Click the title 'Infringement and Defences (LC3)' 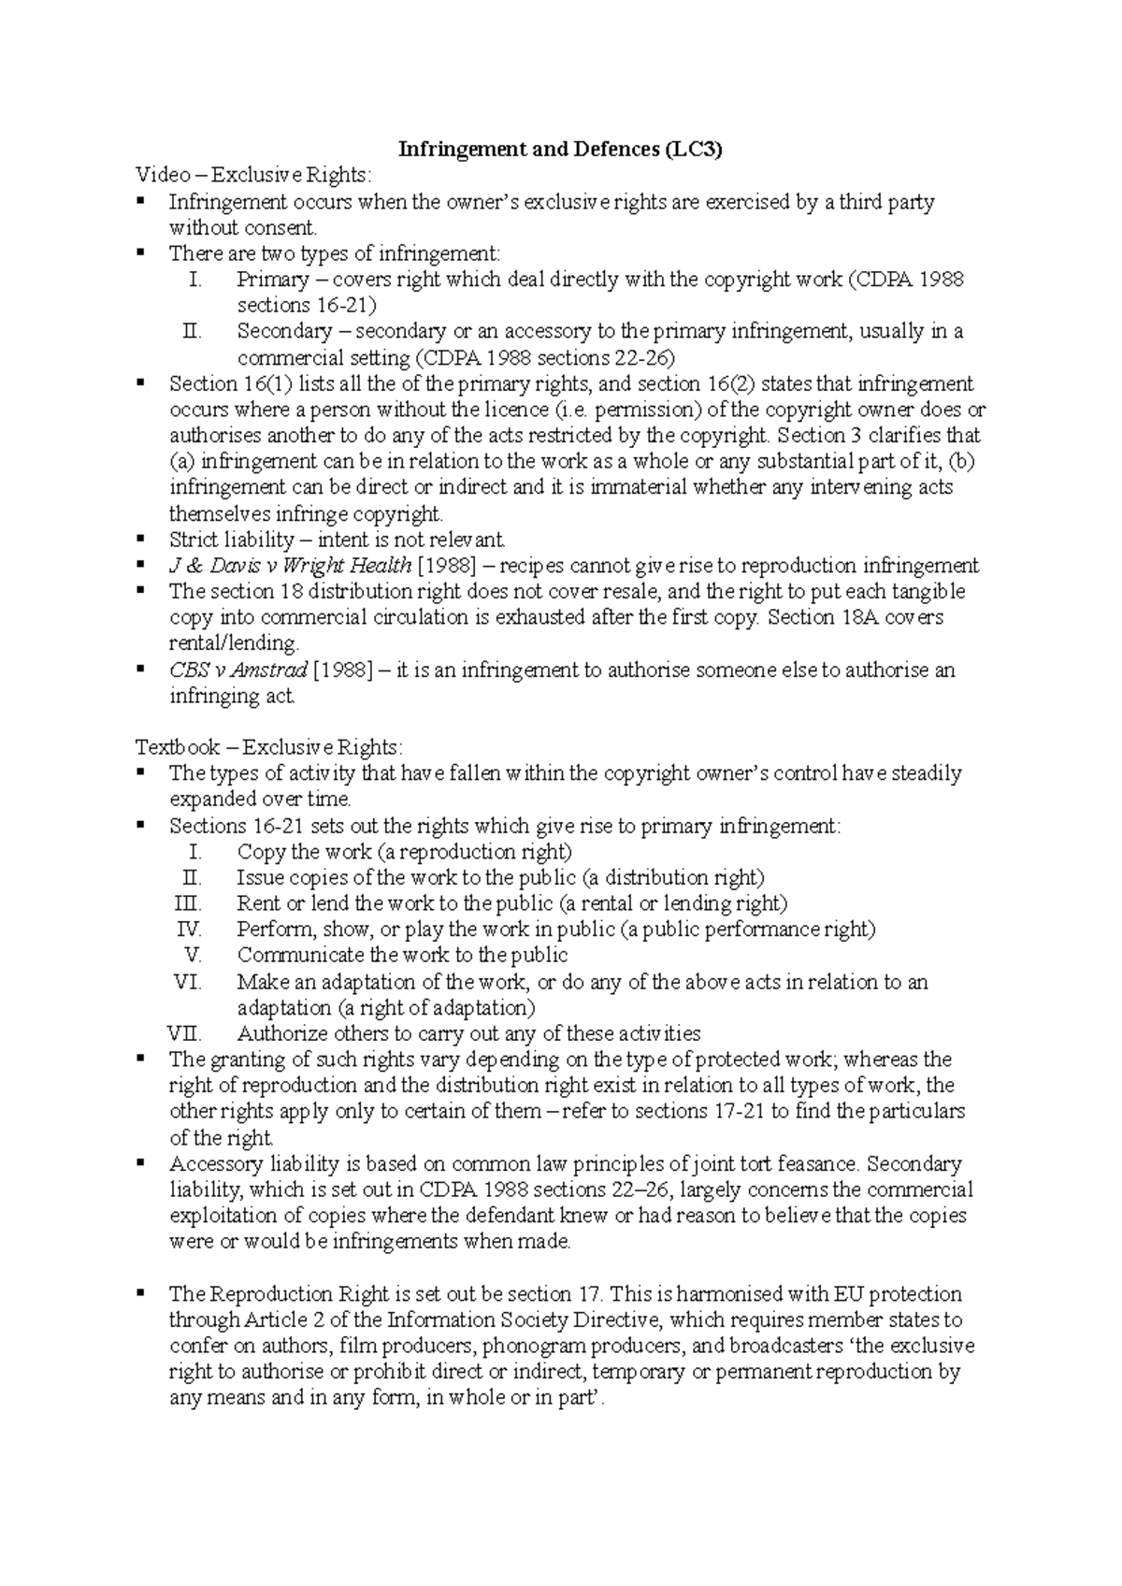pyautogui.click(x=561, y=150)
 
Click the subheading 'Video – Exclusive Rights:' pyautogui.click(x=253, y=176)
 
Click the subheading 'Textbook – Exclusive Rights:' pyautogui.click(x=270, y=747)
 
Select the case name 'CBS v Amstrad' pyautogui.click(x=237, y=670)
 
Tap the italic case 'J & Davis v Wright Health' pyautogui.click(x=290, y=566)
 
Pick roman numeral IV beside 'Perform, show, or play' pyautogui.click(x=189, y=930)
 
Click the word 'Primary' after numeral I pyautogui.click(x=272, y=280)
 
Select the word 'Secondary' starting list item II pyautogui.click(x=284, y=332)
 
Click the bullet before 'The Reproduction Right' pyautogui.click(x=141, y=1293)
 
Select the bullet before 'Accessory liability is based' pyautogui.click(x=141, y=1163)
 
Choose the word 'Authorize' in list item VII pyautogui.click(x=281, y=1033)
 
